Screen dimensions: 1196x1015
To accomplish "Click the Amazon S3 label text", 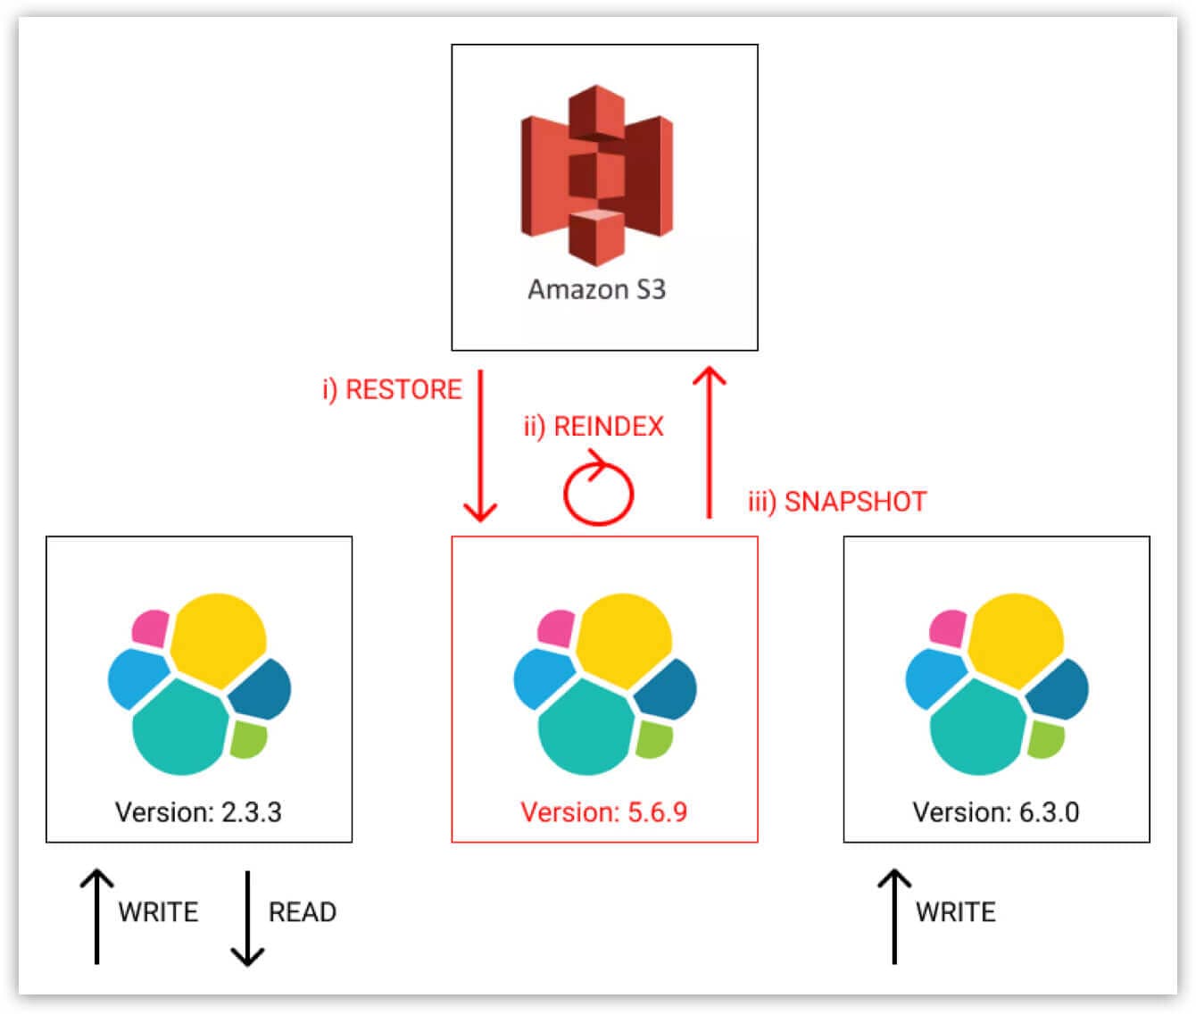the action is pos(596,289).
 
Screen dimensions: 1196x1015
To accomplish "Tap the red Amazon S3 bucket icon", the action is pos(596,175).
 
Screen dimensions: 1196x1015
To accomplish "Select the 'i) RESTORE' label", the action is pos(393,389).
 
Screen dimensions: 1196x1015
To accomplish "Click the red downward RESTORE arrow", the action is pos(480,445).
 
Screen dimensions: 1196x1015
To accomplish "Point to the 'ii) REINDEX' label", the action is pos(594,427).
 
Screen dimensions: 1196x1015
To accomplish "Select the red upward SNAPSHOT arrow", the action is pos(710,442).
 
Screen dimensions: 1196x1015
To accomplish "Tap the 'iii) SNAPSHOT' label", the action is pos(837,502).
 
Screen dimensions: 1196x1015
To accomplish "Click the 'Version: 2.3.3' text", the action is pos(198,812).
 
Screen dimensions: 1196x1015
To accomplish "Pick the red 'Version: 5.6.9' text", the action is pos(604,812).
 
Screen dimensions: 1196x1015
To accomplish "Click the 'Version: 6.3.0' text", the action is pos(996,812).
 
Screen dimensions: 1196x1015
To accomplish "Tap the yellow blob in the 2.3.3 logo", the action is pos(218,639).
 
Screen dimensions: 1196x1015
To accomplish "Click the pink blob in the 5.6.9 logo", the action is pos(557,628).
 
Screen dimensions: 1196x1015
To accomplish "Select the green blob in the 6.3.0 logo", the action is pos(1046,739).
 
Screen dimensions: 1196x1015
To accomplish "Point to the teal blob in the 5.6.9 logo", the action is pos(586,728).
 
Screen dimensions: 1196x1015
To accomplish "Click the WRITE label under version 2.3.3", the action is pos(159,912).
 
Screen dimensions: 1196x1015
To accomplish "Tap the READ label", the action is pos(302,912).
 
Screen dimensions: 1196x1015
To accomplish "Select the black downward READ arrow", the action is pos(247,919).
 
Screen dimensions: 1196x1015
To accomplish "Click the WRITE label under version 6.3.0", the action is pos(955,912).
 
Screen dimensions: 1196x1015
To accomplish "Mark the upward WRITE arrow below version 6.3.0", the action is pos(894,917).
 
